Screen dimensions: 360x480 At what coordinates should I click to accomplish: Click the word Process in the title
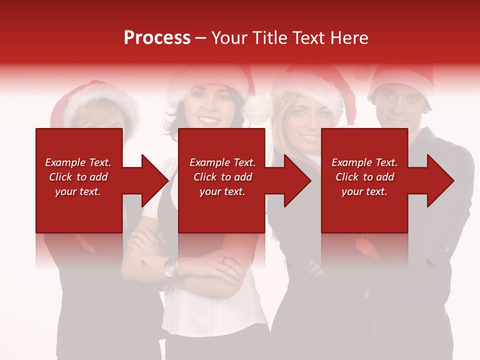click(x=157, y=38)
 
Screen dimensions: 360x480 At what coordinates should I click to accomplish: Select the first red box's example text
click(x=78, y=177)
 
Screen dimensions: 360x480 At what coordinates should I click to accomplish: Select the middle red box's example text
click(x=222, y=177)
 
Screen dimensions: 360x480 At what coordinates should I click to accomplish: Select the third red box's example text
click(x=364, y=177)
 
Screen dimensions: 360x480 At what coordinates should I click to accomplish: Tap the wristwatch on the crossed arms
click(x=171, y=268)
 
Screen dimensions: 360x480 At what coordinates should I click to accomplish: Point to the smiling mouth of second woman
click(x=209, y=120)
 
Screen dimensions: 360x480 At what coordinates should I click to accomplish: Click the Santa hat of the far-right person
click(x=400, y=75)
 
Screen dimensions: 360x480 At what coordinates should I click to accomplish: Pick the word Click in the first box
click(x=61, y=177)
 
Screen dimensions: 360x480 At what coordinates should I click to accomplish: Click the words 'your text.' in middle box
click(x=222, y=191)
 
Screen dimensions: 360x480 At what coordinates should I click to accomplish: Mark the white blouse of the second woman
click(x=215, y=310)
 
